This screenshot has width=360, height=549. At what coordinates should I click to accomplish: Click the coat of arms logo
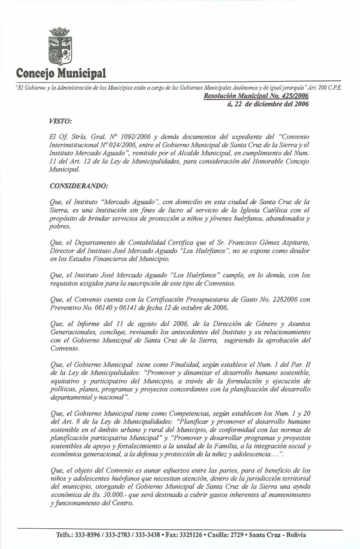(x=59, y=46)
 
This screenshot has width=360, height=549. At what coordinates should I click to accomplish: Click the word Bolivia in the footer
(x=295, y=535)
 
